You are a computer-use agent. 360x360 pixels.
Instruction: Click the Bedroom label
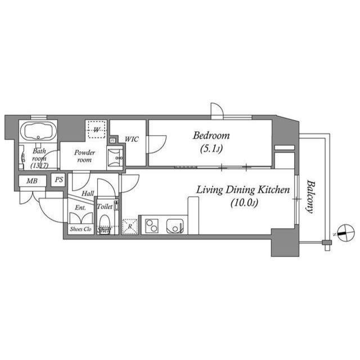click(211, 136)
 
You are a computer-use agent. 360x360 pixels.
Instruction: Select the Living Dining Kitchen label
click(242, 190)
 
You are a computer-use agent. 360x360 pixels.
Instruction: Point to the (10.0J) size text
click(243, 203)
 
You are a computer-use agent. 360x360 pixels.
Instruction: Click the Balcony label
click(309, 196)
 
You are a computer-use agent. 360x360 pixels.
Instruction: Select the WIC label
click(132, 139)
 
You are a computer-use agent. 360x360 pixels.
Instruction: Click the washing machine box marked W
click(96, 130)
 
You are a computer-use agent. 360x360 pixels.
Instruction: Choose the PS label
click(58, 180)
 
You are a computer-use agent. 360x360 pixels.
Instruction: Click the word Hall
click(87, 193)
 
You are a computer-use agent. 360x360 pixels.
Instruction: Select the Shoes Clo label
click(80, 229)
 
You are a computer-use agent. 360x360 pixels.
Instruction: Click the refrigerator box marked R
click(130, 226)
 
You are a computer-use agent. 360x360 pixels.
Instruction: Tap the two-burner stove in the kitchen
click(152, 226)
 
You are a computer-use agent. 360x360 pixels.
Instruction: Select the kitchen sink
click(174, 226)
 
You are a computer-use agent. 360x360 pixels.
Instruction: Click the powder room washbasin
click(115, 158)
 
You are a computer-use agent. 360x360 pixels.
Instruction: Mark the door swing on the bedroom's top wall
click(217, 110)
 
